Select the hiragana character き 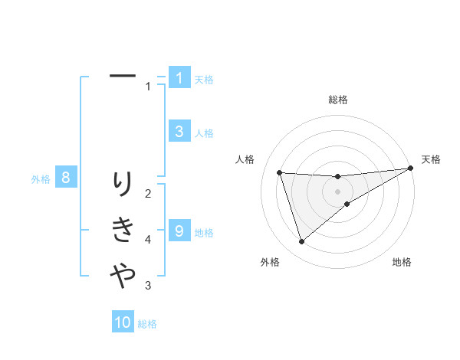pos(123,229)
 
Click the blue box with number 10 pos(123,322)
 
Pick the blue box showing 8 pos(66,178)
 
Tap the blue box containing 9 pos(179,230)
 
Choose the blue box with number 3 pos(179,131)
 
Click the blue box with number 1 pos(179,77)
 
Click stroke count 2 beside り pos(149,193)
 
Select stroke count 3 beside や pos(149,286)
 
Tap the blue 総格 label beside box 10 pos(147,324)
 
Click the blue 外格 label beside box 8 pos(41,180)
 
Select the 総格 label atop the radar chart pos(337,100)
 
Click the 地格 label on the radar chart pos(402,263)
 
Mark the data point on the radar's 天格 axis pos(411,169)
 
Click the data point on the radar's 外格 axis pos(301,242)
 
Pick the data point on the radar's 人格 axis pos(280,172)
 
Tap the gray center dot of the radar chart pos(337,191)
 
